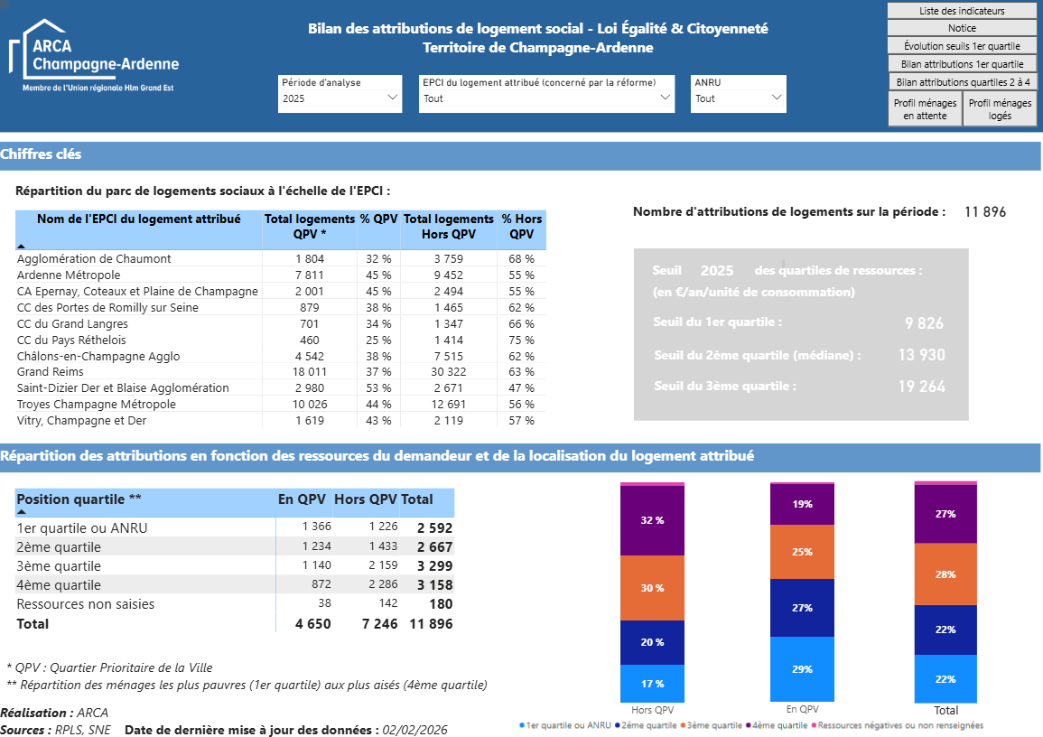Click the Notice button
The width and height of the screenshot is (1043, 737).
[961, 28]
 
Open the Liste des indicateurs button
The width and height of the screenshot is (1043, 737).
[961, 11]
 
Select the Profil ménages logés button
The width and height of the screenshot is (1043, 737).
[1000, 109]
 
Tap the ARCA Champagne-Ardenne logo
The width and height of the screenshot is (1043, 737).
[94, 56]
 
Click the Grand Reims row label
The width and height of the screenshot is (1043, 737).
[51, 372]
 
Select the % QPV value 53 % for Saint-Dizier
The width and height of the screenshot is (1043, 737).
[378, 388]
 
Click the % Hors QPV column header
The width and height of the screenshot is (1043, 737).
[522, 226]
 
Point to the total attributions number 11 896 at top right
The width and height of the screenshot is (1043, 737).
[984, 212]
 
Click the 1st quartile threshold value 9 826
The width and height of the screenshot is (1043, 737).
[924, 323]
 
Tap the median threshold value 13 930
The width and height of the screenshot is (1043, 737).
[921, 355]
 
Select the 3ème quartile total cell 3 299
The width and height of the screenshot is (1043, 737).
[434, 566]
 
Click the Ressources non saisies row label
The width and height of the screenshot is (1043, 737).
[86, 604]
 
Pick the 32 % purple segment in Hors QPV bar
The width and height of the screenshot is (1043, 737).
[652, 520]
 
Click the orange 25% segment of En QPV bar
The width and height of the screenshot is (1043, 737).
[802, 552]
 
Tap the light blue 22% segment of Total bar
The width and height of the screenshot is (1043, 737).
[945, 678]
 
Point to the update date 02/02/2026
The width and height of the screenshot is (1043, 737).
[414, 730]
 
